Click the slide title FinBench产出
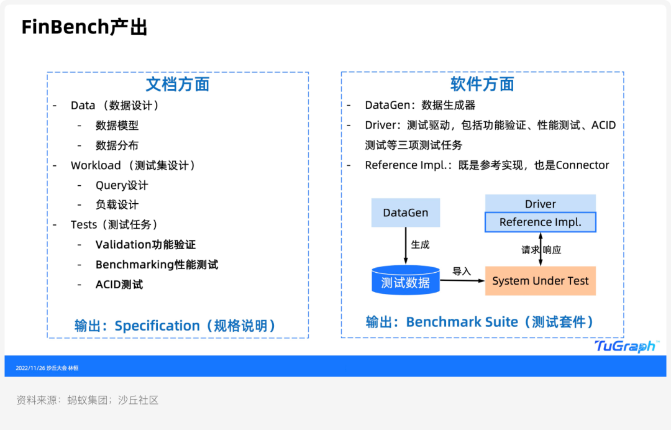pos(84,27)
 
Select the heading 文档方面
pos(177,85)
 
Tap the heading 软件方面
pos(482,85)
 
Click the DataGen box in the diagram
pos(405,213)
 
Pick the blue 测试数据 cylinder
pos(405,282)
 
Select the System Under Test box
pos(540,281)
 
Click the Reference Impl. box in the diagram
pos(540,222)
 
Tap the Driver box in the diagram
pos(540,204)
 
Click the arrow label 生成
pos(420,245)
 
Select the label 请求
pos(530,250)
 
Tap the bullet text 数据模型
pos(117,126)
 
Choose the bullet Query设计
pos(122,185)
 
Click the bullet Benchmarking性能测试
pos(157,265)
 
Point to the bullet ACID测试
pos(119,285)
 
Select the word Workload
pos(96,165)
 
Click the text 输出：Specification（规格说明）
pos(175,326)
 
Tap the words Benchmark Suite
pos(462,322)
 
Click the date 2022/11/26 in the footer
pos(30,368)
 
